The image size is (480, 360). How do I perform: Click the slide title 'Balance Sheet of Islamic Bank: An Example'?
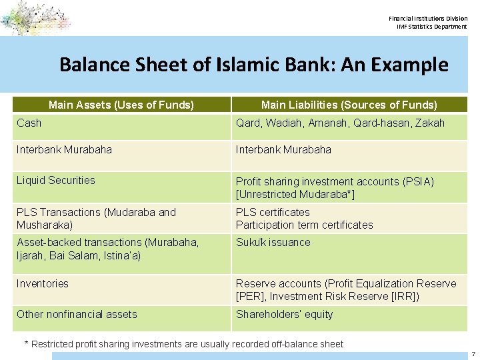pos(253,65)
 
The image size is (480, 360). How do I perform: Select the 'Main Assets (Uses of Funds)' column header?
pos(121,105)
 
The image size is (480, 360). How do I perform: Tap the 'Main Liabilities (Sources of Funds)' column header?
pos(349,105)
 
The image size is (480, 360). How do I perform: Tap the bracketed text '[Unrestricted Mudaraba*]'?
pos(295,194)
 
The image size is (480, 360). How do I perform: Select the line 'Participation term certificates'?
pos(304,225)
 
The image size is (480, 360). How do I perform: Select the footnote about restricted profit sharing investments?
pos(184,344)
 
